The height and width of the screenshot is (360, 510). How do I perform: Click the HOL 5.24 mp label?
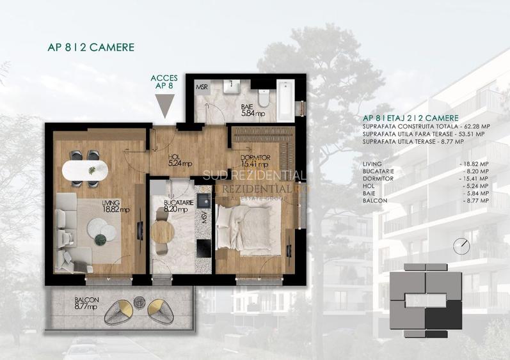coord(179,160)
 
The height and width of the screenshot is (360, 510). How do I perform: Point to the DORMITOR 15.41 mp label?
coord(255,161)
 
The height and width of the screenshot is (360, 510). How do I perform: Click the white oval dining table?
coord(84,171)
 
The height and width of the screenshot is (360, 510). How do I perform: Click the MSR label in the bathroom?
coord(201,86)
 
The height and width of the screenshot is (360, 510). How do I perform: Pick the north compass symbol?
coord(459,245)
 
